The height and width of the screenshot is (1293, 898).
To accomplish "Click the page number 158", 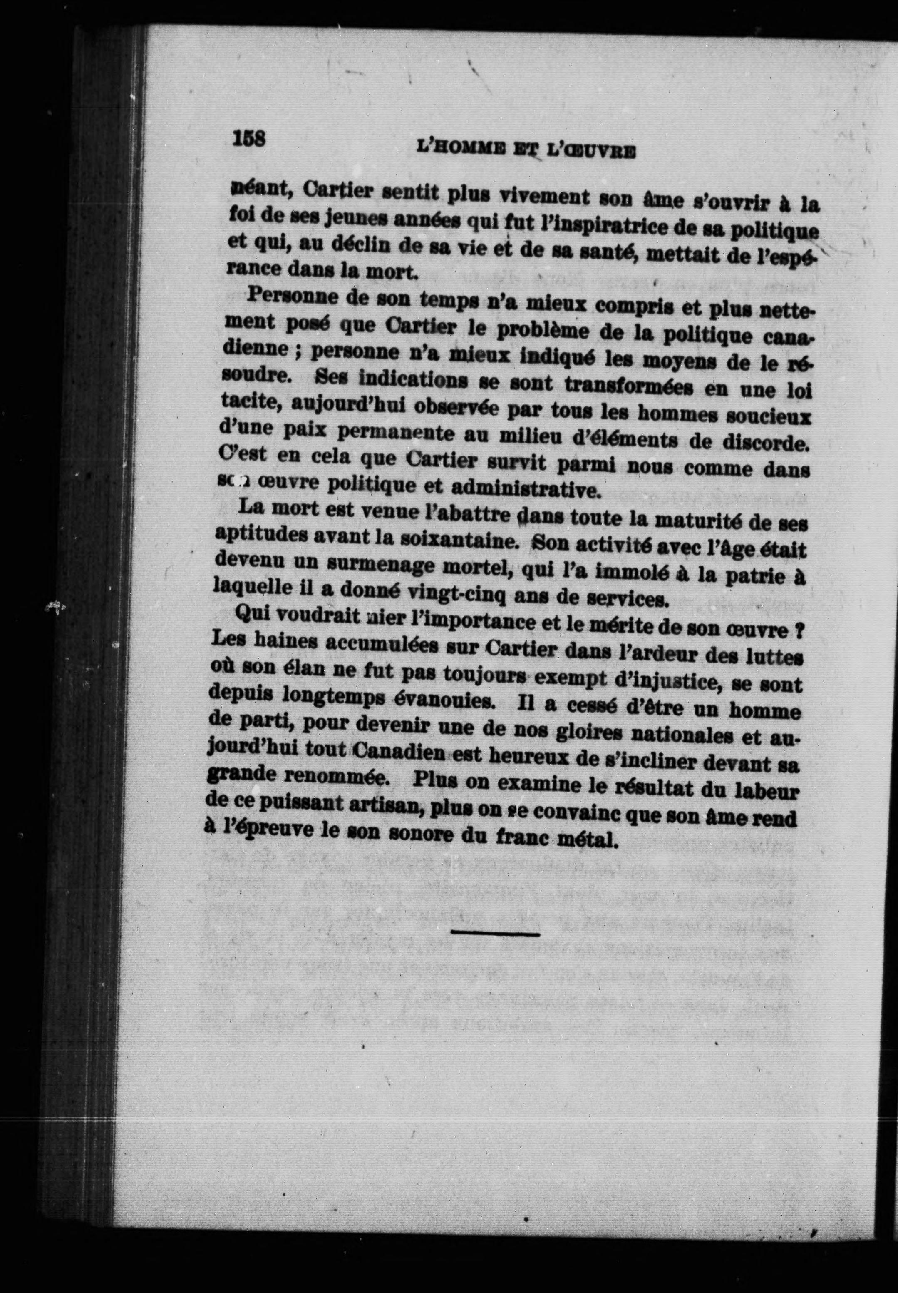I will click(x=249, y=138).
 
